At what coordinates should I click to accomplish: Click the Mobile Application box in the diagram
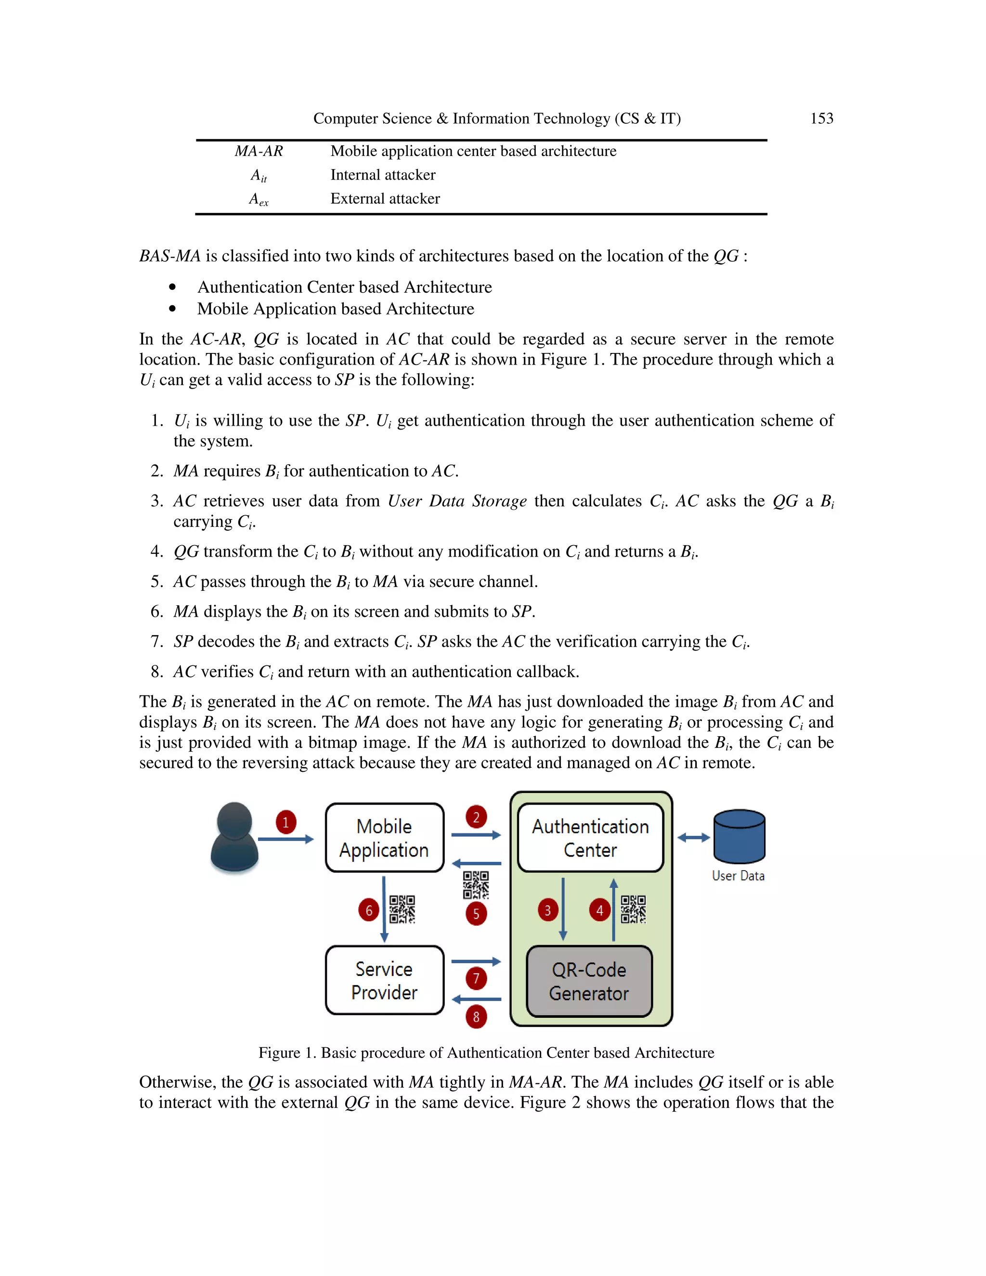384,838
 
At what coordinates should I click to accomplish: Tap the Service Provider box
384,980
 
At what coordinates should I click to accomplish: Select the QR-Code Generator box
589,981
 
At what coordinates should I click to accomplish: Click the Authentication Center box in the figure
590,838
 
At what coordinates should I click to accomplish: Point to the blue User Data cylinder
739,837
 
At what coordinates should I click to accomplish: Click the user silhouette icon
234,837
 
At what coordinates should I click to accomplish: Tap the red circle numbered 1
285,822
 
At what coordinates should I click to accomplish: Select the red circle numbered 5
476,914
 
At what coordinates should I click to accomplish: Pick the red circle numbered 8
476,1017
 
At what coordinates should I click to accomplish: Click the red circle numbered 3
547,910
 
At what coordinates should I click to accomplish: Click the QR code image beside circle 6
402,909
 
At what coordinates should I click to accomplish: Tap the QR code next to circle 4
633,909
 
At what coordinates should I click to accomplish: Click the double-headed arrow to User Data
693,838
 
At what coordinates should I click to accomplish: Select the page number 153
821,118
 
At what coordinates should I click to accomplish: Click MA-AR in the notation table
259,151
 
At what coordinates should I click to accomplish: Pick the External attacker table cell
385,199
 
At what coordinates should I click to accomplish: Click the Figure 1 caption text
486,1053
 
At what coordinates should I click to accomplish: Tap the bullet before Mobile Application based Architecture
172,309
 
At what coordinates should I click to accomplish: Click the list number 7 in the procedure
156,641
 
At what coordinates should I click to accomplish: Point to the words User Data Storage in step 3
457,501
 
